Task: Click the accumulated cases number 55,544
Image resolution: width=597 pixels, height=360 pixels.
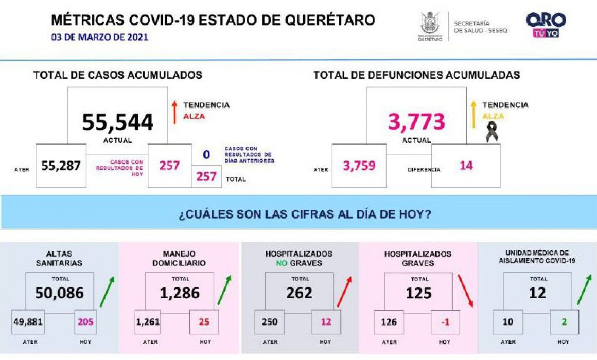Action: [118, 122]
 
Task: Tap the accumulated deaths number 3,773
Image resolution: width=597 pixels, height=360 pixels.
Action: [416, 122]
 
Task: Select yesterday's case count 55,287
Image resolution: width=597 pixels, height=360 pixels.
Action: [61, 166]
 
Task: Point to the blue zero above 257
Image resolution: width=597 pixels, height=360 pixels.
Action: [206, 154]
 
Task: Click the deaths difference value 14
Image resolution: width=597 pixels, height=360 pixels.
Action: [466, 166]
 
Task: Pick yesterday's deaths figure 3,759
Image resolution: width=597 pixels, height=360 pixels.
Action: [359, 166]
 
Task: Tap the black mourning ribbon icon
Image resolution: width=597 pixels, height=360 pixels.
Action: [492, 132]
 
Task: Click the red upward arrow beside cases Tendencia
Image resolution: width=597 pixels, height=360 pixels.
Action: [174, 113]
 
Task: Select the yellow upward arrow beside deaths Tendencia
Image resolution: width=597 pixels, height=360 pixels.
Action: [473, 114]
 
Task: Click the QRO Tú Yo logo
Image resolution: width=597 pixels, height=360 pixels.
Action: [546, 25]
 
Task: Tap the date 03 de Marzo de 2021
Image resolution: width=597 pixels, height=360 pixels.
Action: [99, 38]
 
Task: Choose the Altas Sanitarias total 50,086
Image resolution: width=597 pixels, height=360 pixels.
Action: [59, 293]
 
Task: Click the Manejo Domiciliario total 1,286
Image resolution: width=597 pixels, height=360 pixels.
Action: [179, 293]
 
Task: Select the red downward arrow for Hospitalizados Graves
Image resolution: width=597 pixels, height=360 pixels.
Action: [465, 291]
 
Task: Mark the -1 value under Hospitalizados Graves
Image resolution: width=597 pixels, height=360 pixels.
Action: [445, 322]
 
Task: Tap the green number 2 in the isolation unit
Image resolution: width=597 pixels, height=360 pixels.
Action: [564, 322]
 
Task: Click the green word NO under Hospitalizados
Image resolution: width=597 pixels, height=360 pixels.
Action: [282, 263]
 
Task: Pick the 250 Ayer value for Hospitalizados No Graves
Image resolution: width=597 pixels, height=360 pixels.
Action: [270, 322]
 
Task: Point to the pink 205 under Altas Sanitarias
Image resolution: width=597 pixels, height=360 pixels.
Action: [85, 322]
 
